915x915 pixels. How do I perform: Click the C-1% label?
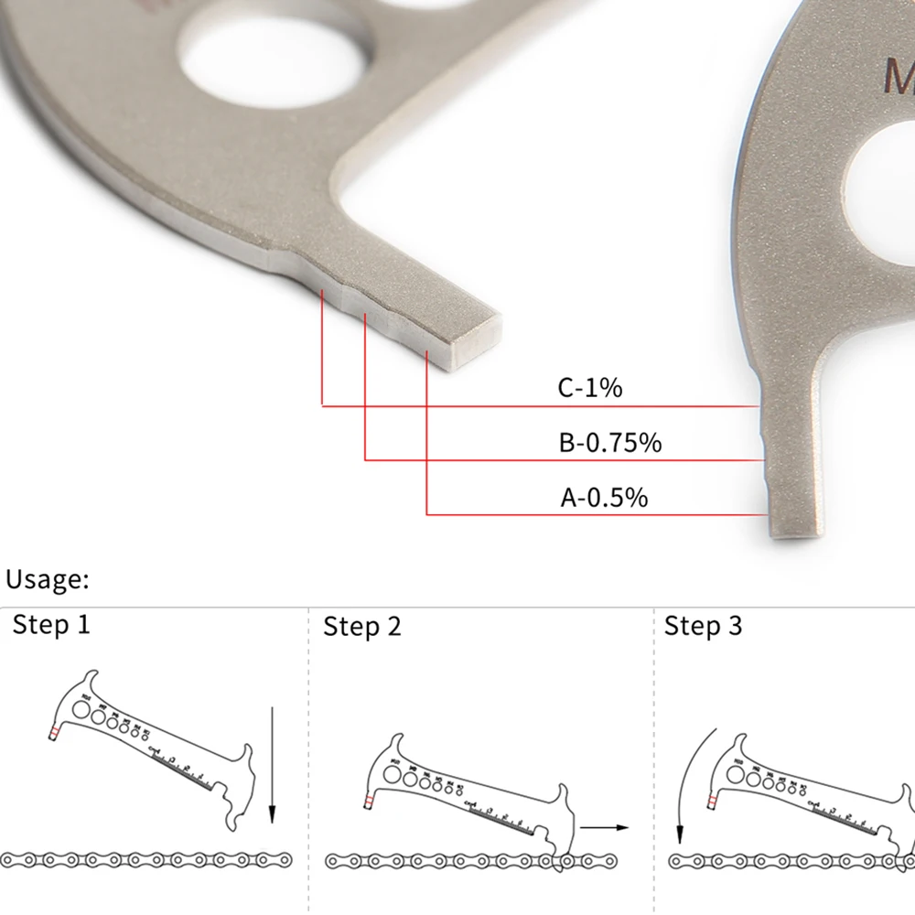click(x=589, y=388)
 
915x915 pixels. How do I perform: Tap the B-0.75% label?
click(x=609, y=443)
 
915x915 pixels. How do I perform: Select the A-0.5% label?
click(x=604, y=498)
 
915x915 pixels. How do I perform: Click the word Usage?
click(x=47, y=579)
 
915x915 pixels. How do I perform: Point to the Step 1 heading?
click(x=51, y=626)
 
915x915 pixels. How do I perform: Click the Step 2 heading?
click(x=362, y=627)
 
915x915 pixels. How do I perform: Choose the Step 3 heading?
click(x=703, y=627)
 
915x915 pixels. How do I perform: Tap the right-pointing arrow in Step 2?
click(x=604, y=827)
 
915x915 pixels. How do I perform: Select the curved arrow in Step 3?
click(x=689, y=778)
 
